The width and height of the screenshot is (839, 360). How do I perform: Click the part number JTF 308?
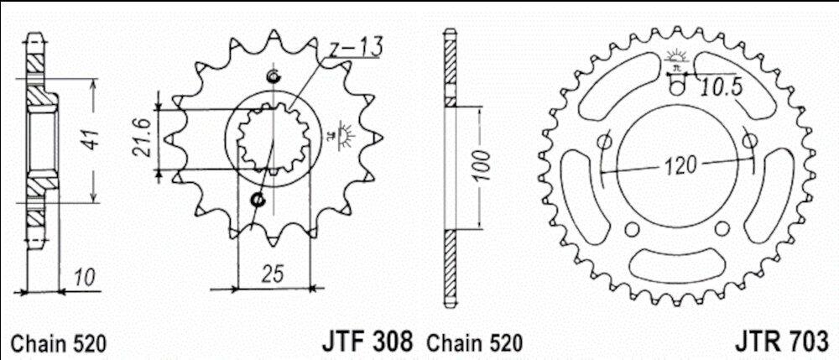pos(367,342)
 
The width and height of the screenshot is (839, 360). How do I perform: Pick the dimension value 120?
pos(681,165)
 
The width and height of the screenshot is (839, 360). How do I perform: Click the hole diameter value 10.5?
pos(722,86)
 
